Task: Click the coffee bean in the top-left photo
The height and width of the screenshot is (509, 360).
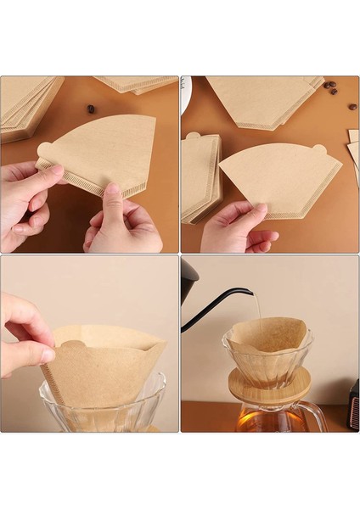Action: (x=91, y=109)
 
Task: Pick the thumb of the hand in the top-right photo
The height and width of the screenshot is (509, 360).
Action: (x=252, y=210)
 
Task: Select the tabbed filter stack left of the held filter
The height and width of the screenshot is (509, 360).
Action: (x=200, y=178)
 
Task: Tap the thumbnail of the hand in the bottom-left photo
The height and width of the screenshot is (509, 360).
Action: (x=46, y=354)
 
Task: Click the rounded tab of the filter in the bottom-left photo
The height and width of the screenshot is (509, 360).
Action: (x=71, y=347)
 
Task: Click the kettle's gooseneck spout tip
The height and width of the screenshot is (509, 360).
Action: (x=250, y=292)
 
